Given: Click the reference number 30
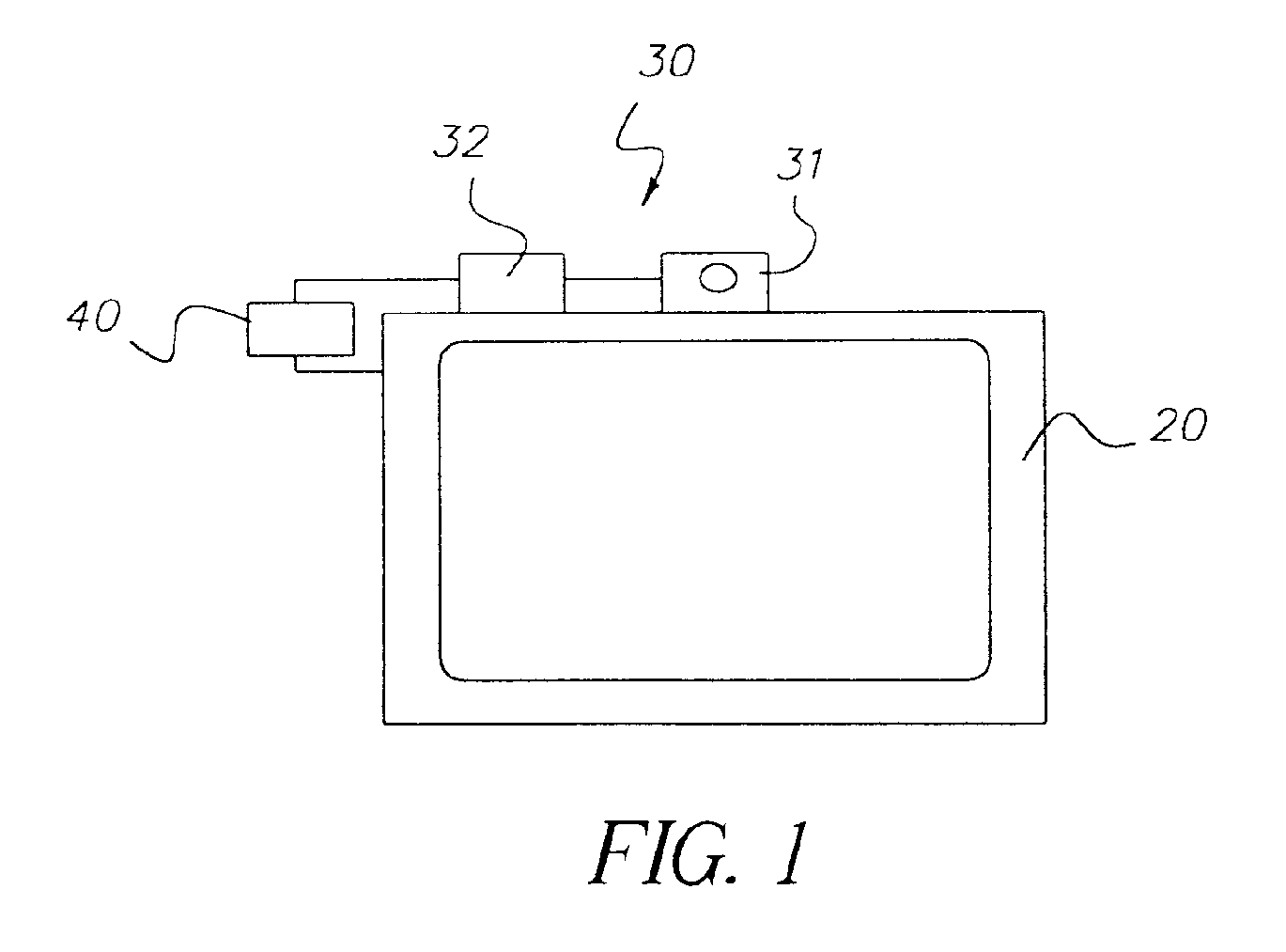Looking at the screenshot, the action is click(667, 60).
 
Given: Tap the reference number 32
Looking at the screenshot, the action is click(461, 141).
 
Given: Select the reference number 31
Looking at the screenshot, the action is click(800, 164).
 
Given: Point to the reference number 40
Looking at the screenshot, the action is click(93, 316).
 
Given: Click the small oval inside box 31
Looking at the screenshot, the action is click(719, 278).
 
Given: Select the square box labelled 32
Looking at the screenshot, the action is click(511, 283).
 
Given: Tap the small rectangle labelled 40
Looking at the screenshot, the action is click(301, 329).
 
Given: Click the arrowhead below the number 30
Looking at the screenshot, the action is click(649, 194).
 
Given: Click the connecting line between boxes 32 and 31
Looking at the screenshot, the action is click(612, 279).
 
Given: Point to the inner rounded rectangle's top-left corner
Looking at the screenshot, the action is click(442, 345).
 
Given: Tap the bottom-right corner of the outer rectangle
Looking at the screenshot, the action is click(1046, 723).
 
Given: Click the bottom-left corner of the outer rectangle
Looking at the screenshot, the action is click(384, 724).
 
